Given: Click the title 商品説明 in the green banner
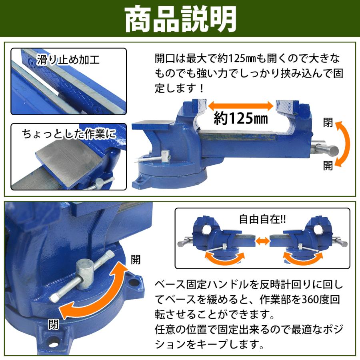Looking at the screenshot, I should coord(180,19).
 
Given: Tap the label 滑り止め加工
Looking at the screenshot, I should coord(68,61).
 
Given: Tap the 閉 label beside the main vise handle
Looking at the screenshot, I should coord(328,123).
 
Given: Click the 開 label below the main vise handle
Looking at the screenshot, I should coord(328,166).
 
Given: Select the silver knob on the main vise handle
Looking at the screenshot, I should coord(330,150).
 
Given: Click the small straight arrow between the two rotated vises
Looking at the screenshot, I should coord(262,241).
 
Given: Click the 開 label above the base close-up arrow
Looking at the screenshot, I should coord(136,260).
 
